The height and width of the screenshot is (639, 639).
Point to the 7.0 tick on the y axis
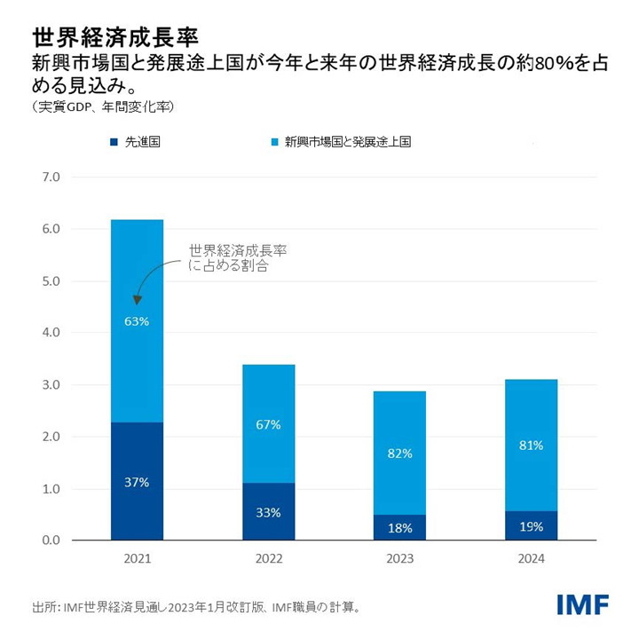pos(51,177)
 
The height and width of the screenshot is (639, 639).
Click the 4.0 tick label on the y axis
pos(51,333)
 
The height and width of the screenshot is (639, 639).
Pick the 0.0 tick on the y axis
pos(51,540)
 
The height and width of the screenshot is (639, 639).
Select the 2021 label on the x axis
pos(137,560)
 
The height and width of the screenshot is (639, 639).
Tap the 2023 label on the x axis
pos(399,560)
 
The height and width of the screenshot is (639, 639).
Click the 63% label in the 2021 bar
pos(137,320)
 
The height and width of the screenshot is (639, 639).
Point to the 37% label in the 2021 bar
pos(137,482)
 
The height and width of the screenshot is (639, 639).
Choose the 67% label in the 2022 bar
pos(268,425)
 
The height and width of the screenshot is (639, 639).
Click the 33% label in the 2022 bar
pos(268,512)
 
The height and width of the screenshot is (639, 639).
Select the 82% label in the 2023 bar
pos(399,454)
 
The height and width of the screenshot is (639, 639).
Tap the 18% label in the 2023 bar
pos(399,528)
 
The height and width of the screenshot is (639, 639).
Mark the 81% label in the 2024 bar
pos(531,446)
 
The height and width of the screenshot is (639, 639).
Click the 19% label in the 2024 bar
pos(531,527)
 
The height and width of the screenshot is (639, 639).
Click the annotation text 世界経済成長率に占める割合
pos(238,258)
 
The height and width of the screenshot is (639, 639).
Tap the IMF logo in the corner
pos(582,605)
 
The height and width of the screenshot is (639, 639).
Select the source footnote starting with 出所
pos(196,608)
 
